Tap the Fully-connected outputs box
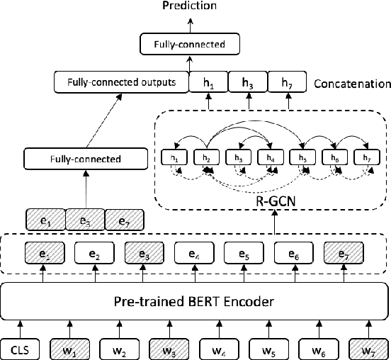(121, 83)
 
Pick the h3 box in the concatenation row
(246, 83)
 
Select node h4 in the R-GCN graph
(271, 157)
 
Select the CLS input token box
(22, 347)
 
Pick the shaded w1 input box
(69, 347)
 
